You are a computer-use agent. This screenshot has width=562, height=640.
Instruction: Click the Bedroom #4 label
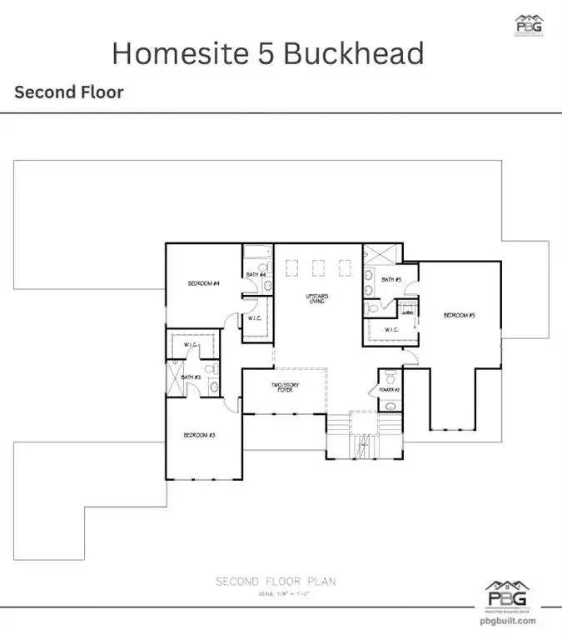[x=203, y=284]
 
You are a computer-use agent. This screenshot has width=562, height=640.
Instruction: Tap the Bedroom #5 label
[x=459, y=315]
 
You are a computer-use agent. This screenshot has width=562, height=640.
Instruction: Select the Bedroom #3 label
[x=200, y=435]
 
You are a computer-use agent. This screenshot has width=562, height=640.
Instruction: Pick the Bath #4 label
[x=256, y=274]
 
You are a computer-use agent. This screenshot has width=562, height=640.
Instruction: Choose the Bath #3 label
[x=191, y=377]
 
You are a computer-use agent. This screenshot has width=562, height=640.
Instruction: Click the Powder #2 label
[x=390, y=390]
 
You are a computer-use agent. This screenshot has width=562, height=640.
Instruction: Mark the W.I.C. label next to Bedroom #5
[x=392, y=330]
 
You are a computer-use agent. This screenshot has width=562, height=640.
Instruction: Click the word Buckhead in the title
[x=354, y=53]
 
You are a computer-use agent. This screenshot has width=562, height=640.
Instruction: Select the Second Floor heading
[x=69, y=92]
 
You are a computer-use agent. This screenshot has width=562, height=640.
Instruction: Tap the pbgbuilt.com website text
[x=510, y=620]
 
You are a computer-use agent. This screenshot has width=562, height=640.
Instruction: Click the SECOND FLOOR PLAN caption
[x=276, y=581]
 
